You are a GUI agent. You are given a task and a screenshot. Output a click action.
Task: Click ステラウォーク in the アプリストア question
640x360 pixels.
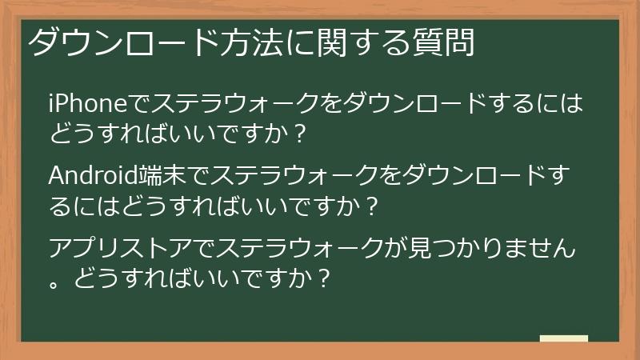(x=296, y=248)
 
